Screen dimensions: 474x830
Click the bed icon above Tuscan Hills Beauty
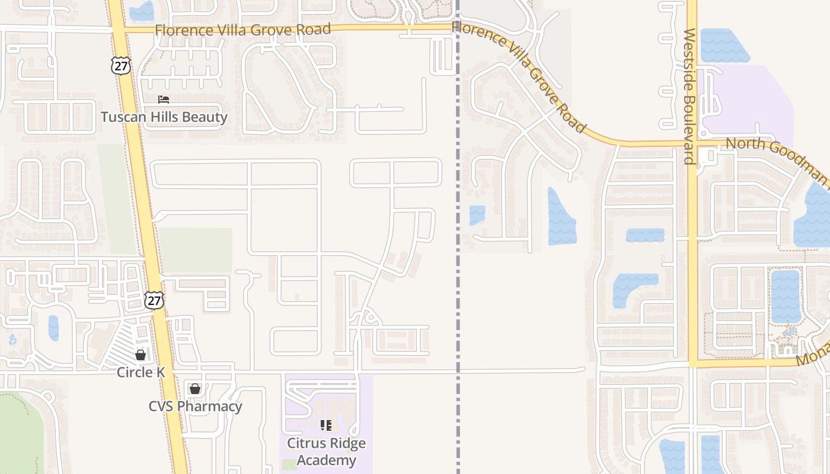click(164, 100)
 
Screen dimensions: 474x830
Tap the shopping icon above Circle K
click(141, 355)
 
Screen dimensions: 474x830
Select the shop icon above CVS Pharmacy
click(194, 389)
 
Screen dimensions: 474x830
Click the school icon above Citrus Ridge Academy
click(326, 425)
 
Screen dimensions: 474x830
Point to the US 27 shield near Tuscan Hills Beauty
click(121, 65)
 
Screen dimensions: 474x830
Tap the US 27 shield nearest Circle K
click(154, 300)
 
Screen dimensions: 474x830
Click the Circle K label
click(141, 372)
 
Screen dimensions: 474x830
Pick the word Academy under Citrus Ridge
click(326, 460)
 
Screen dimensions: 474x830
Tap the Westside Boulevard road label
click(688, 96)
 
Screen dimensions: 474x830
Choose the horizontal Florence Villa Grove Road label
click(242, 30)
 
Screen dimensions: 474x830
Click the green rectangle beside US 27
click(195, 249)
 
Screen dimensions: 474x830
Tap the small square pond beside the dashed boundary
click(477, 214)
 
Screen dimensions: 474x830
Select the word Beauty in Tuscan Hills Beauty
click(205, 117)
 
